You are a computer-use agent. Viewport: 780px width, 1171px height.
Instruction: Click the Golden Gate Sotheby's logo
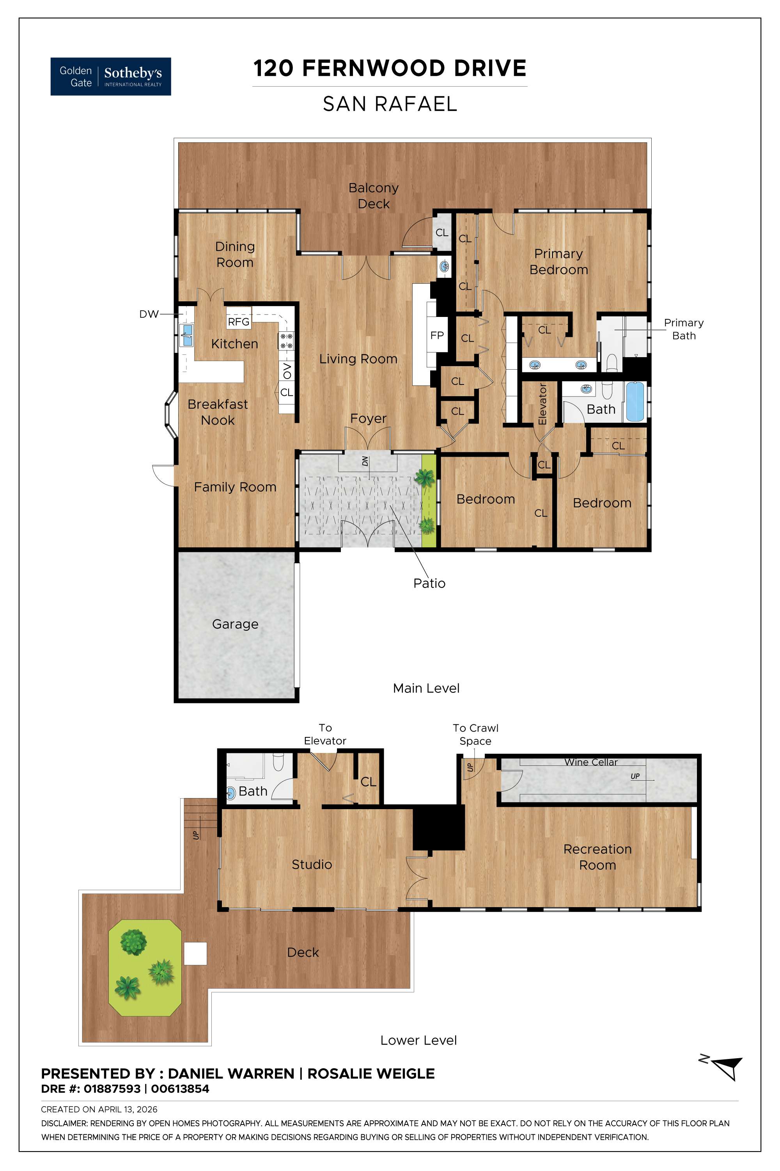coord(110,76)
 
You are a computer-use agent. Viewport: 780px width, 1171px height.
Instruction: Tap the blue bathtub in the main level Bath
coord(635,401)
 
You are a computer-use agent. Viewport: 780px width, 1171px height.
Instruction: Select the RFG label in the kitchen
coord(238,322)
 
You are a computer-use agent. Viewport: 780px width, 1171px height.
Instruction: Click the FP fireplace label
coord(437,335)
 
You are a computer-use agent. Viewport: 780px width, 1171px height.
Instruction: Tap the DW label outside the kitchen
coord(149,314)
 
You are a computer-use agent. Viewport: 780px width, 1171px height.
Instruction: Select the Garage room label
coord(235,624)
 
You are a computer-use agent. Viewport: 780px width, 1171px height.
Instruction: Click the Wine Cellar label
coord(590,762)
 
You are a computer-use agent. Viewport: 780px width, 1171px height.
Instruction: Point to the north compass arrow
coord(727,1067)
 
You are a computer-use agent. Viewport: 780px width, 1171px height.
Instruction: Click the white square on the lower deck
coord(195,954)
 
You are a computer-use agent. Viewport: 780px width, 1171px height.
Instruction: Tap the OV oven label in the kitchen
coord(287,371)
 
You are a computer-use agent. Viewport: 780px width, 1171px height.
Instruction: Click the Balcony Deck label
coord(373,196)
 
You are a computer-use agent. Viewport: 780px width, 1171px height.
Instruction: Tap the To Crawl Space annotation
coord(475,734)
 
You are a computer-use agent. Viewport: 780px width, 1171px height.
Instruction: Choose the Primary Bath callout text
coord(684,329)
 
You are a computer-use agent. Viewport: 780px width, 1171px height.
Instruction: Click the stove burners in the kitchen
coord(287,341)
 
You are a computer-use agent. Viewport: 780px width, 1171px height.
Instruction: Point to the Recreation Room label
coord(597,857)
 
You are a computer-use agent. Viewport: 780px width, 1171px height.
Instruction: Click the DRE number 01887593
coord(112,1089)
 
